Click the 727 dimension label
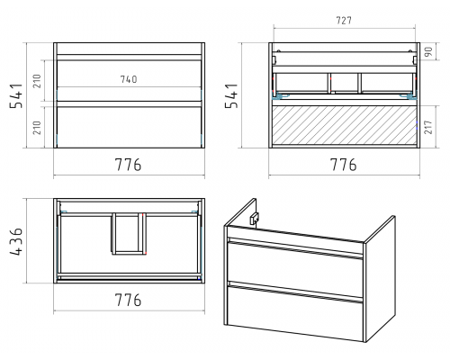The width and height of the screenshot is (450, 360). [344, 21]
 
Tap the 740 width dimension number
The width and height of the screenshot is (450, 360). [129, 79]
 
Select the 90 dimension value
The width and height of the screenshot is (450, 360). [428, 51]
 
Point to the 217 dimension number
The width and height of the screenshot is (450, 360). [428, 127]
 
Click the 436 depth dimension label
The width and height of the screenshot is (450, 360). [16, 241]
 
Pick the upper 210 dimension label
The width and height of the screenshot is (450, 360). [37, 81]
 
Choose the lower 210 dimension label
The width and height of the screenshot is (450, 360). [37, 128]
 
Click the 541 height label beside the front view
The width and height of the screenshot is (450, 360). [16, 95]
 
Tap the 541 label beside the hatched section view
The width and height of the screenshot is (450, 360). [231, 95]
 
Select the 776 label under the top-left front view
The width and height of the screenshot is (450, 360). [128, 165]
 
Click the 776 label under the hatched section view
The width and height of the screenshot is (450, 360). [344, 165]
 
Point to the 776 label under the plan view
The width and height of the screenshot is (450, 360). [128, 300]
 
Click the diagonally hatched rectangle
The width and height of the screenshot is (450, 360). [345, 125]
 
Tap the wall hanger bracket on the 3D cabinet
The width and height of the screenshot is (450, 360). [255, 218]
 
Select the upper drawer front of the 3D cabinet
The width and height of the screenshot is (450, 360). [295, 263]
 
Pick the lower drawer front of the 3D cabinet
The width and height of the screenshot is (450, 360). [295, 312]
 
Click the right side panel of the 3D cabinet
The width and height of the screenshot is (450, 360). [380, 279]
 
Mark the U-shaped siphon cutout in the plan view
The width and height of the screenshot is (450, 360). [129, 234]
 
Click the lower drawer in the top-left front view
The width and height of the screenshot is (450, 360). [129, 125]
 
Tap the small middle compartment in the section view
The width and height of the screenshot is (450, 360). [345, 83]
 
